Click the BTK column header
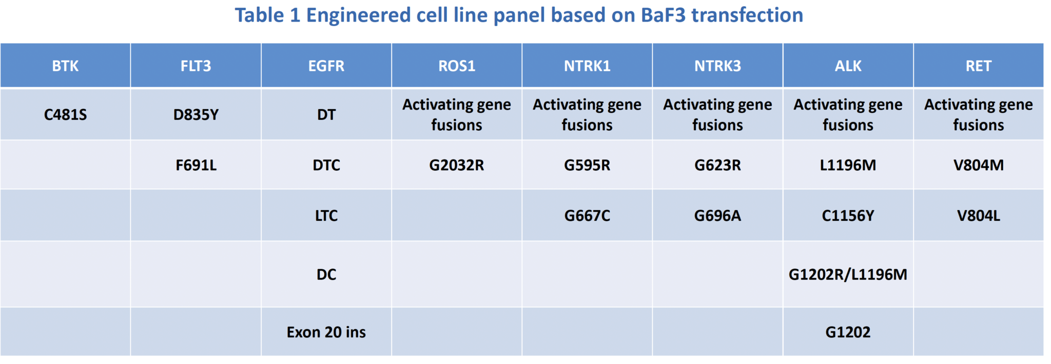[65, 66]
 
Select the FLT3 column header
[196, 66]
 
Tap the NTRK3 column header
[717, 66]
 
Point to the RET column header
[978, 66]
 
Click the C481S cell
[65, 114]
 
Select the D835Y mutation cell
[196, 114]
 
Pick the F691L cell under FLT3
[196, 165]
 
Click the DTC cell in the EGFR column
[326, 165]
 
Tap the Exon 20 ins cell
[326, 332]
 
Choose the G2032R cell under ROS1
[456, 165]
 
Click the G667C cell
[587, 215]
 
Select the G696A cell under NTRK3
[717, 215]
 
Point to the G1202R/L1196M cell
[848, 274]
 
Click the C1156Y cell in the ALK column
[848, 215]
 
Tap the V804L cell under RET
[978, 215]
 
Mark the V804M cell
[978, 165]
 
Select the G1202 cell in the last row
[848, 332]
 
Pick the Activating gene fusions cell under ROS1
[456, 114]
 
